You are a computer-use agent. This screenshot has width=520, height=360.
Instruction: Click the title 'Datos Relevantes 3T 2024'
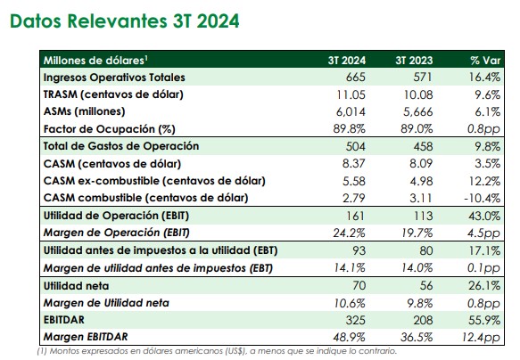(125, 21)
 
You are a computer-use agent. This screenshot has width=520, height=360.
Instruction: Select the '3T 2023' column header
(414, 61)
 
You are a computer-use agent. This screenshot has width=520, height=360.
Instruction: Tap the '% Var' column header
(485, 61)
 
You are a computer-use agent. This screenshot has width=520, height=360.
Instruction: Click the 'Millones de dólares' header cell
(95, 61)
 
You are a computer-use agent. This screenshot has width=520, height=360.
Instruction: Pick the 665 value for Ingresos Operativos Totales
(356, 78)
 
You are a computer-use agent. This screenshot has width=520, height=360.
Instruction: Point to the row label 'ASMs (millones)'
(84, 111)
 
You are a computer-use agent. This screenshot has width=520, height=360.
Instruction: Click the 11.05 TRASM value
(351, 94)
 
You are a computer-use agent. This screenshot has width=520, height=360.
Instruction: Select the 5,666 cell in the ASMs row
(417, 112)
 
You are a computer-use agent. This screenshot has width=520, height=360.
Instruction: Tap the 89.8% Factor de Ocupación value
(350, 129)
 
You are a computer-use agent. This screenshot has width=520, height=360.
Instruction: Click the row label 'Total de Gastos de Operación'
(121, 146)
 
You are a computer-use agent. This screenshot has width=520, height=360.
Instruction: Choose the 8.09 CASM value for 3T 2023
(421, 164)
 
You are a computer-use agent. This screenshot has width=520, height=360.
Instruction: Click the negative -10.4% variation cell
(483, 198)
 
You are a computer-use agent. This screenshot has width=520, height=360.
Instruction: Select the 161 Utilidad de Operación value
(355, 216)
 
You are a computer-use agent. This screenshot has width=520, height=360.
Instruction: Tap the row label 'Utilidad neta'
(76, 286)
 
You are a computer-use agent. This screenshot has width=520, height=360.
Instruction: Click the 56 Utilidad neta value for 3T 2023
(426, 285)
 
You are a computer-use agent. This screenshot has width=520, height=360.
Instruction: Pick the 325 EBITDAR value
(356, 320)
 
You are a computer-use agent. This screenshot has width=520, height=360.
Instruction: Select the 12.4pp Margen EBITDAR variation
(481, 338)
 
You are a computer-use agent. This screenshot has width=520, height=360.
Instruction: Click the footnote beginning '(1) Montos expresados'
(217, 351)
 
